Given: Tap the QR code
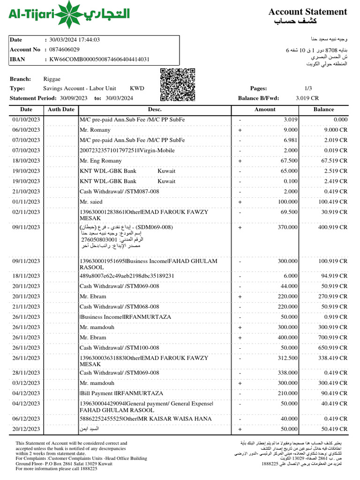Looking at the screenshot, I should tap(177, 85).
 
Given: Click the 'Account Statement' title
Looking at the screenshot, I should tap(307, 12).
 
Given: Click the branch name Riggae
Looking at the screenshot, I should tap(52, 79).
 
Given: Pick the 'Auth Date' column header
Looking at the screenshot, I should tap(61, 109).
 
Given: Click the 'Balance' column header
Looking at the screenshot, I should tap(323, 109).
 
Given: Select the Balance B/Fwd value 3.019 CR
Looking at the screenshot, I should tap(307, 98).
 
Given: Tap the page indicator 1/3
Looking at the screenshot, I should tap(308, 88).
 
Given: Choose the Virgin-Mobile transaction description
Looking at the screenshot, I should tap(127, 150).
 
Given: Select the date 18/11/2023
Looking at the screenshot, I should tap(26, 276).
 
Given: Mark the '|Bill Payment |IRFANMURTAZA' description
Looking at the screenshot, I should tap(121, 393).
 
